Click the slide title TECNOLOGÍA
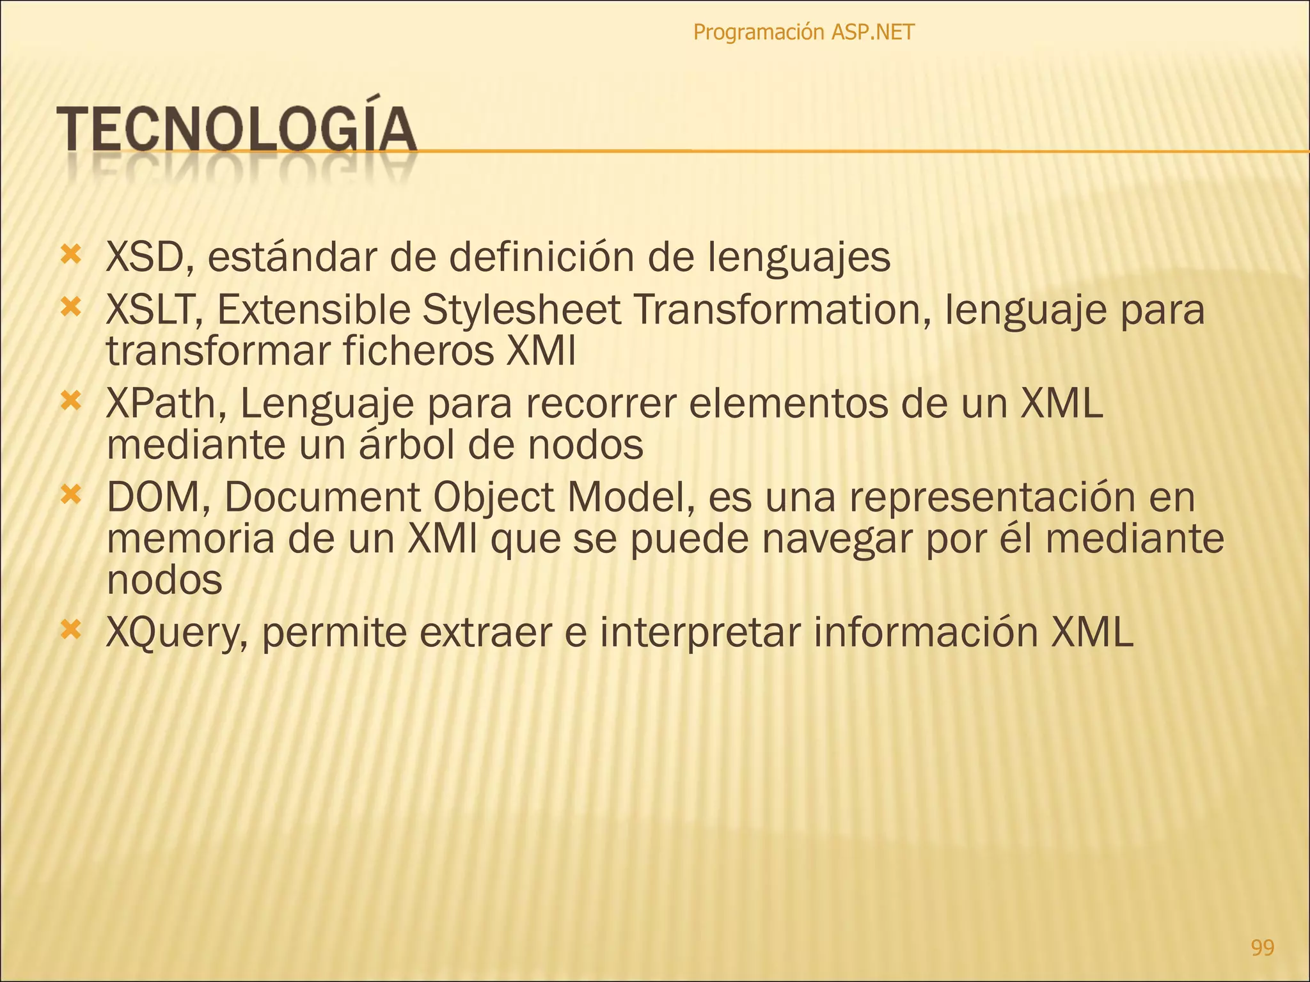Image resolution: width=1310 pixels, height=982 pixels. click(237, 129)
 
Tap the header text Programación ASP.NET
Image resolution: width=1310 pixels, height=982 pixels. click(803, 32)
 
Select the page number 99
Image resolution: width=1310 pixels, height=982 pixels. click(1262, 947)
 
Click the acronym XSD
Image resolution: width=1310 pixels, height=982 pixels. click(143, 257)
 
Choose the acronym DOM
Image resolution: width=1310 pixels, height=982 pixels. click(154, 497)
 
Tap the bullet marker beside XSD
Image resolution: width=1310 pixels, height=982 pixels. click(70, 255)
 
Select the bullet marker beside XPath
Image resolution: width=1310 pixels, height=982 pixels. click(70, 401)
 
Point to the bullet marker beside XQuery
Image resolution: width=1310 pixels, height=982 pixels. click(70, 630)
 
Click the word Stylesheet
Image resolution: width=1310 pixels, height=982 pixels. click(521, 311)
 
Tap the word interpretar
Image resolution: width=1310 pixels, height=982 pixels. click(700, 633)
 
